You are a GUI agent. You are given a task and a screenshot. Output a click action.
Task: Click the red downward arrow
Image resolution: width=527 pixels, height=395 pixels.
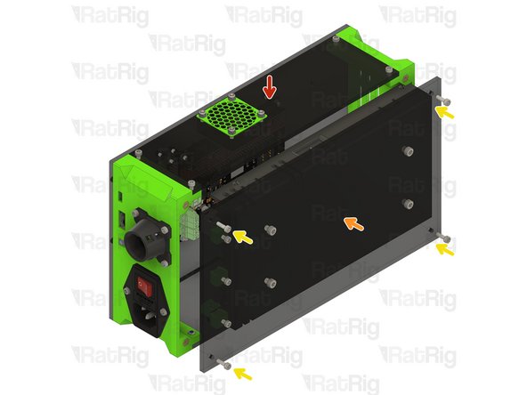click(269, 88)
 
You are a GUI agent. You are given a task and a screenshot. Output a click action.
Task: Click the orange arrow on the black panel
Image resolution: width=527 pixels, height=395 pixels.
click(353, 223)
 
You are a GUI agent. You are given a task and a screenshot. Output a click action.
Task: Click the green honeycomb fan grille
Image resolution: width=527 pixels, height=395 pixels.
click(231, 116)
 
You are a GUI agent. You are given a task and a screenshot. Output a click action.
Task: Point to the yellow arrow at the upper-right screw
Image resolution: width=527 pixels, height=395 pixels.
click(444, 112)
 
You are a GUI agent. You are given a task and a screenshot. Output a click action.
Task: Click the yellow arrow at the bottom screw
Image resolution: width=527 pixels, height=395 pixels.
click(243, 374)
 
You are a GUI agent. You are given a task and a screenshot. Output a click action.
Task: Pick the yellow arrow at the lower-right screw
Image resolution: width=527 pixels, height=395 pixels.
click(445, 249)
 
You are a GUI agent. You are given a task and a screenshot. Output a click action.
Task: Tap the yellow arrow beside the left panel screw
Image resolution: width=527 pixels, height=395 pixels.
click(243, 237)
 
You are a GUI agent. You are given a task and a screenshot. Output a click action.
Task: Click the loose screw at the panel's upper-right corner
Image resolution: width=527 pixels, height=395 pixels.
click(443, 99)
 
